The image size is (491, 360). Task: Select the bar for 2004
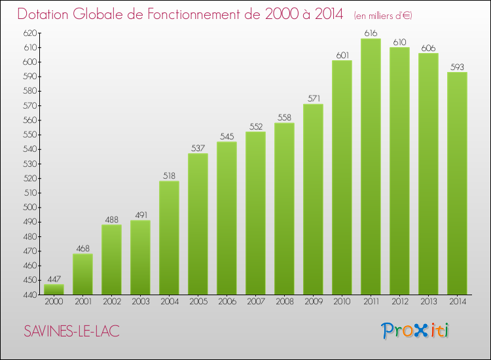pyautogui.click(x=169, y=238)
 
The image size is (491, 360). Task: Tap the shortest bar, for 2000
pyautogui.click(x=54, y=289)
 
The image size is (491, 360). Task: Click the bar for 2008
pyautogui.click(x=284, y=209)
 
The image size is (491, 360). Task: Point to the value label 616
pyautogui.click(x=371, y=33)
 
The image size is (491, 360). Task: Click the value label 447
pyautogui.click(x=54, y=279)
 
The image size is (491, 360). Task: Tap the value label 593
pyautogui.click(x=457, y=67)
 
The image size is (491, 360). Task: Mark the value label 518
pyautogui.click(x=169, y=175)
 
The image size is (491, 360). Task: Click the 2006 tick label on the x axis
pyautogui.click(x=227, y=302)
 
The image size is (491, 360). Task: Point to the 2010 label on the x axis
pyautogui.click(x=342, y=302)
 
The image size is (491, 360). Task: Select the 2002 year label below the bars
pyautogui.click(x=111, y=302)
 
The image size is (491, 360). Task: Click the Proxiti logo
pyautogui.click(x=415, y=331)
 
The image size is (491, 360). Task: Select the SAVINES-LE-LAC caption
pyautogui.click(x=71, y=331)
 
